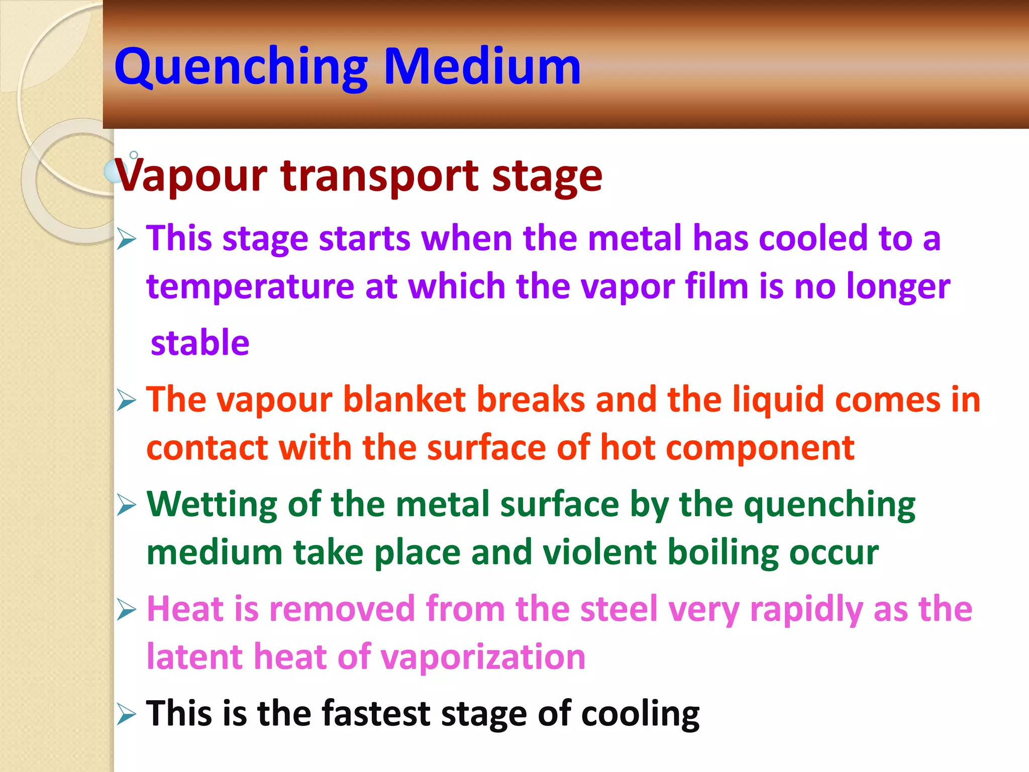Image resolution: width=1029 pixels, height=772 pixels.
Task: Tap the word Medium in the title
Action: click(x=482, y=66)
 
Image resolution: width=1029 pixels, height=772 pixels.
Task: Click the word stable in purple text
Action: click(x=200, y=343)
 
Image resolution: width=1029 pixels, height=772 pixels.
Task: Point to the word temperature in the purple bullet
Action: click(x=250, y=286)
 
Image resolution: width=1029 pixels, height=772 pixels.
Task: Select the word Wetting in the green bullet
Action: click(x=212, y=504)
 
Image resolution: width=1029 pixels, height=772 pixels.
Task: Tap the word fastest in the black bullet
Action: click(x=376, y=713)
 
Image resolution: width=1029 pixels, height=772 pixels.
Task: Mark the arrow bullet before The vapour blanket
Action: click(x=126, y=401)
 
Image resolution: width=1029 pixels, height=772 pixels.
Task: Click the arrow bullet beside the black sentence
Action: click(x=126, y=714)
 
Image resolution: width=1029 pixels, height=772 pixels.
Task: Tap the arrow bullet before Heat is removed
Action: click(x=126, y=610)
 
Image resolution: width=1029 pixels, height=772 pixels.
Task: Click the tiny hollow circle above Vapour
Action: click(x=134, y=155)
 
